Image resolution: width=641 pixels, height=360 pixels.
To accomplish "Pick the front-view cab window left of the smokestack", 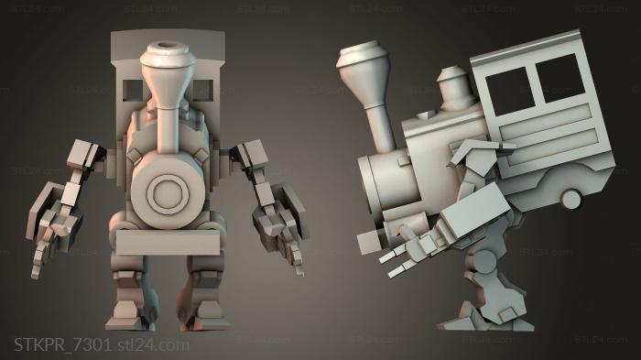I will (x=131, y=89).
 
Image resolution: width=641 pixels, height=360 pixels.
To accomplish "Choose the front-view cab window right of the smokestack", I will (x=204, y=89).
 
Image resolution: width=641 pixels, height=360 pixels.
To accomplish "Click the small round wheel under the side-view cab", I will (x=570, y=199).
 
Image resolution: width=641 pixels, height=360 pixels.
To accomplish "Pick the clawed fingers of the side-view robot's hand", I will (x=395, y=261).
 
